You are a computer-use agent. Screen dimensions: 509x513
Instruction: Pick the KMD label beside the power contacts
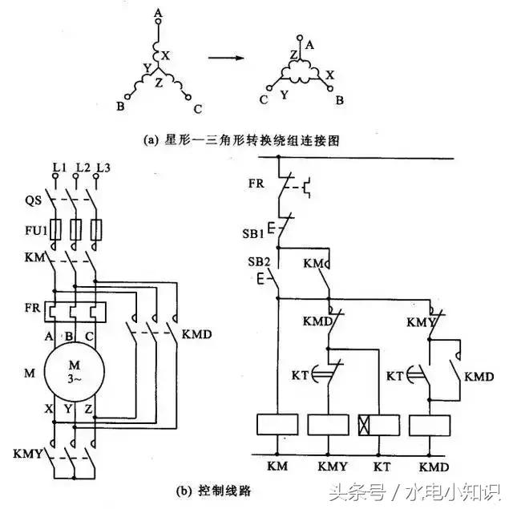[x=197, y=333]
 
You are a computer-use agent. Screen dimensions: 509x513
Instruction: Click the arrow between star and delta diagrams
[x=226, y=58]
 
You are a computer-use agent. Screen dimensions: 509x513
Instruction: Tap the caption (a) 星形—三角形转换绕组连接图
[x=241, y=139]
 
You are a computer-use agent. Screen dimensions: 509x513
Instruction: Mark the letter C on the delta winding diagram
[x=262, y=99]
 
